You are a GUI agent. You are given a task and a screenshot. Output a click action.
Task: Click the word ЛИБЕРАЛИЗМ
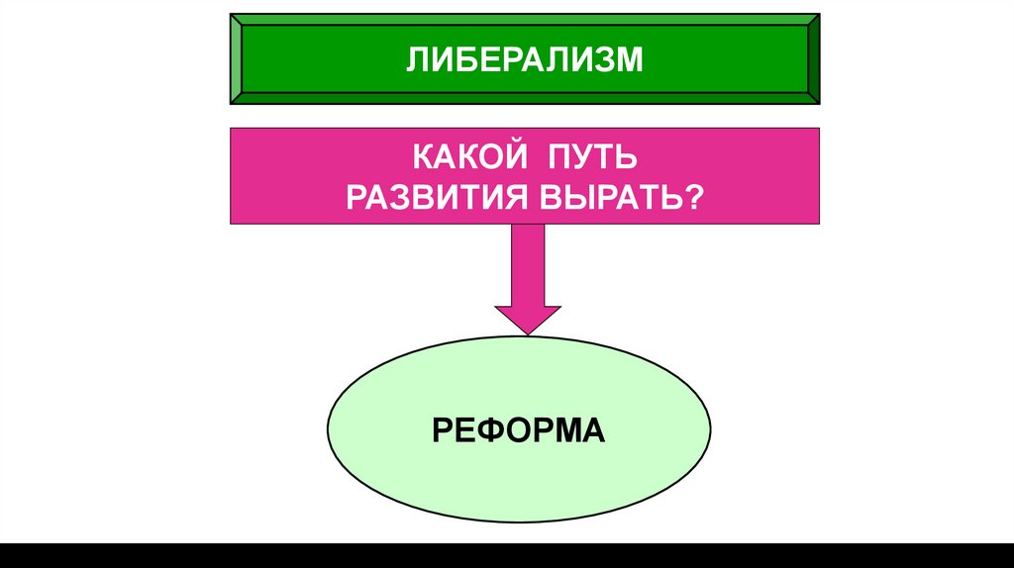(524, 60)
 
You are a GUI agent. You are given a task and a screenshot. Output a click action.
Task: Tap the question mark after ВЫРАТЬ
(696, 195)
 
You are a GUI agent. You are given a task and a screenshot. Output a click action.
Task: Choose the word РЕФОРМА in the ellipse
(518, 430)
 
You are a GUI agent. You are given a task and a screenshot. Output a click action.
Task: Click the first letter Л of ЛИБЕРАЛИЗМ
(414, 60)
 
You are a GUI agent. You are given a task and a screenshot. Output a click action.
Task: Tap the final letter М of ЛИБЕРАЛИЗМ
(632, 60)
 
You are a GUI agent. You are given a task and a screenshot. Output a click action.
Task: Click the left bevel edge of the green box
(237, 58)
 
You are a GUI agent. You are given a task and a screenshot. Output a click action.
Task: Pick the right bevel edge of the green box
(812, 58)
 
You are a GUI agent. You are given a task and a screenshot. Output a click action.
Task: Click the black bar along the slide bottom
(507, 555)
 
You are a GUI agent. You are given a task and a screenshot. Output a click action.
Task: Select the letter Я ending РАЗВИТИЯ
(522, 195)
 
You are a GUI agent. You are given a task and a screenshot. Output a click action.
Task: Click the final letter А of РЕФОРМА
(593, 430)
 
